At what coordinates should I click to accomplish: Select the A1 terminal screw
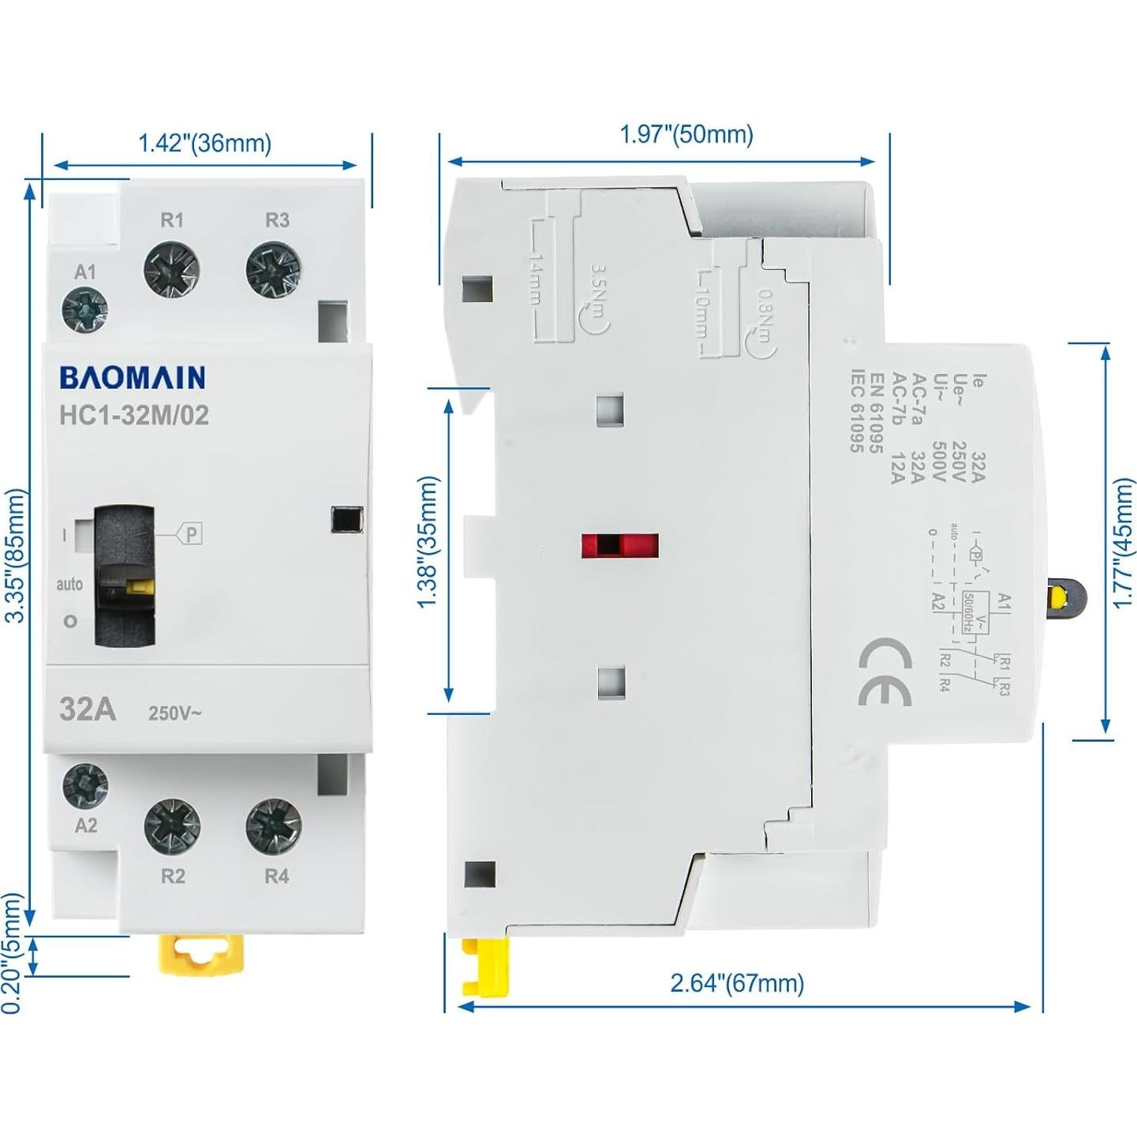pos(84,309)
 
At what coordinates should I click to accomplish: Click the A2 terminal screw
pos(85,784)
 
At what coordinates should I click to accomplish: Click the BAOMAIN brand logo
pos(132,378)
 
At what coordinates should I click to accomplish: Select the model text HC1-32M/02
pos(134,415)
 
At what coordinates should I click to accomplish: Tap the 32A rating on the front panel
pos(88,709)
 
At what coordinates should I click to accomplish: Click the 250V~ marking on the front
pos(175,713)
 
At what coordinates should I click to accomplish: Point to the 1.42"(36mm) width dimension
pos(205,144)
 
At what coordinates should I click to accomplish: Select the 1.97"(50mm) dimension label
pos(686,135)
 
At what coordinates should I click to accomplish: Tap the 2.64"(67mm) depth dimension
pos(737,983)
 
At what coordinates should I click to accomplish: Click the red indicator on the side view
pos(619,545)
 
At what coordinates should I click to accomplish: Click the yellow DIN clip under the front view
pos(202,954)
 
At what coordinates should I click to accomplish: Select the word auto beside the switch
pos(69,585)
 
